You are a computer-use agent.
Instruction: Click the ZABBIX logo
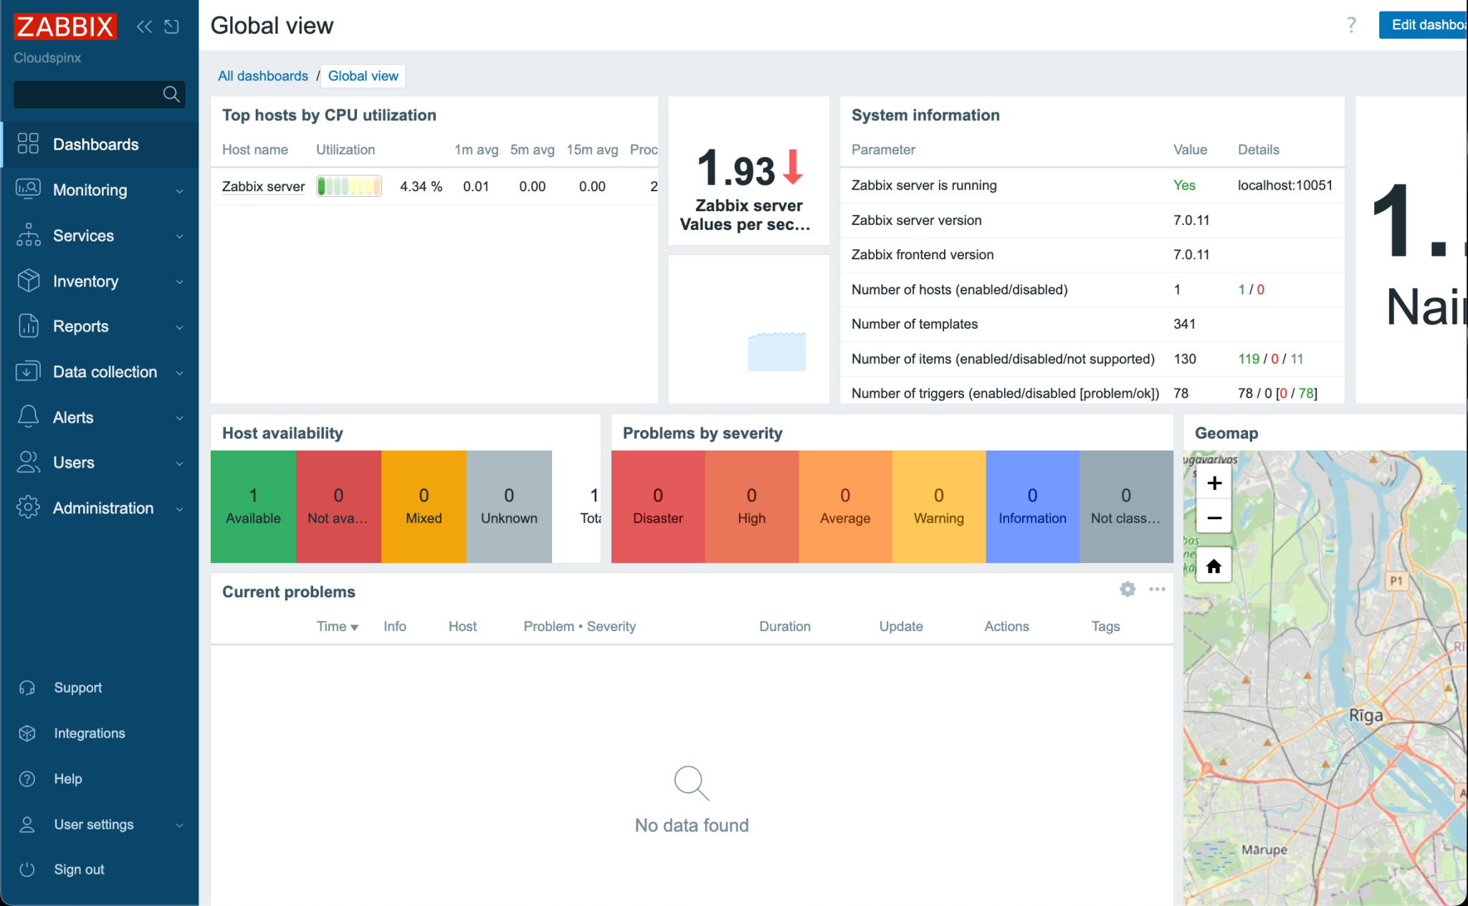[x=65, y=26]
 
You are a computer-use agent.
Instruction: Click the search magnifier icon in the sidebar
[x=171, y=94]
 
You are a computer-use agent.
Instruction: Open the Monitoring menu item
[x=90, y=190]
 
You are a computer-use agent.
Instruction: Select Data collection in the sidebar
[x=105, y=372]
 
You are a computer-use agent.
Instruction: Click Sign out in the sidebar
[x=79, y=869]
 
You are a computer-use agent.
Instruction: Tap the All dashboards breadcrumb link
[x=262, y=76]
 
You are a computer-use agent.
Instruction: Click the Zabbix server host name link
[x=263, y=186]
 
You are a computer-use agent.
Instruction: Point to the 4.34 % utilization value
[x=421, y=186]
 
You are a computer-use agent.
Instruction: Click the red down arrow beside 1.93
[x=793, y=167]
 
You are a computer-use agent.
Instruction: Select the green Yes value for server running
[x=1184, y=185]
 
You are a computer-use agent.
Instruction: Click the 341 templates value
[x=1184, y=324]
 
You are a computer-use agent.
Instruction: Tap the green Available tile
[x=253, y=506]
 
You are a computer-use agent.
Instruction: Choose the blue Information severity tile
[x=1032, y=506]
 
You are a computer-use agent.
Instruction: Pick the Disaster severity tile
[x=657, y=506]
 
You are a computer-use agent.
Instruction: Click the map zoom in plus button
[x=1214, y=483]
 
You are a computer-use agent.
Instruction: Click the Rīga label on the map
[x=1365, y=715]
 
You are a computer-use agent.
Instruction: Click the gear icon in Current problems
[x=1128, y=589]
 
